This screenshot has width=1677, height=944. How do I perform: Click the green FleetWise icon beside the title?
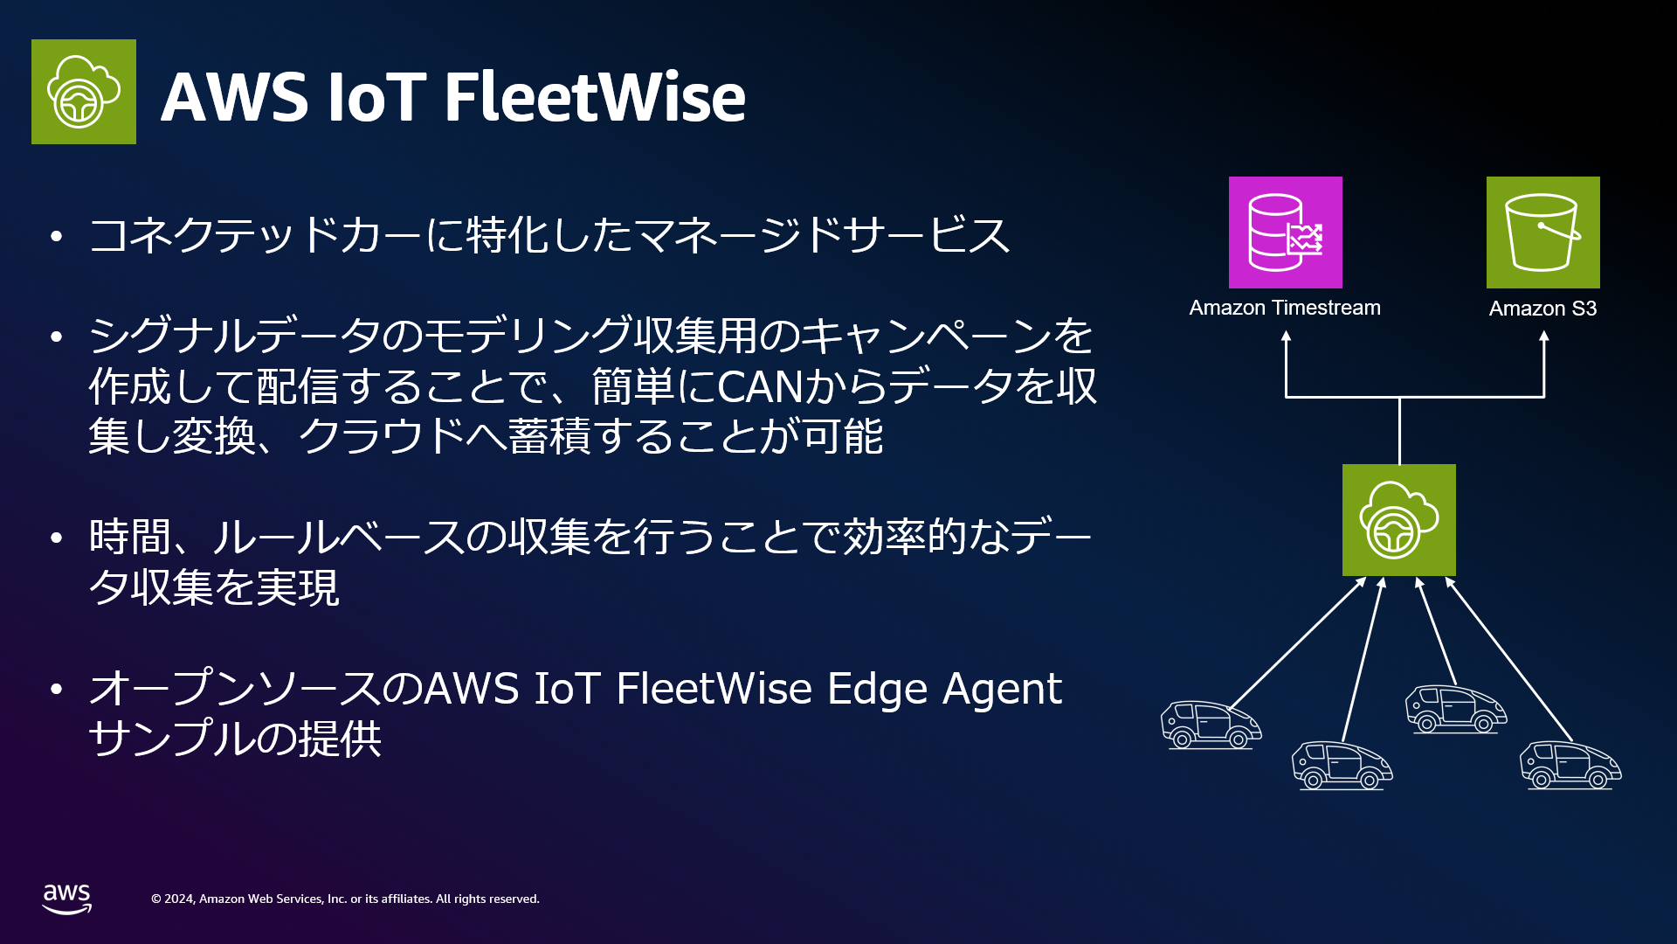[x=84, y=92]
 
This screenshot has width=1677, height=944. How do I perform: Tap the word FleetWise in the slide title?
[x=595, y=96]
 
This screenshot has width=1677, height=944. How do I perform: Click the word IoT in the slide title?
[x=376, y=96]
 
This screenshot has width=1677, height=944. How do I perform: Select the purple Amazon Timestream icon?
[x=1286, y=233]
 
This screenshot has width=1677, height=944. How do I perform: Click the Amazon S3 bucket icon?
[x=1543, y=233]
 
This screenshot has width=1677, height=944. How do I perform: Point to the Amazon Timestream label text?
[x=1285, y=308]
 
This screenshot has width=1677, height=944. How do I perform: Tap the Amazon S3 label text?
[x=1543, y=309]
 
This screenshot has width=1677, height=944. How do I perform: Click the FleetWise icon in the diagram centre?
[x=1399, y=520]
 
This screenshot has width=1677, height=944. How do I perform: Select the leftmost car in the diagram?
[x=1211, y=725]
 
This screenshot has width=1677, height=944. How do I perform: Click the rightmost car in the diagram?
[x=1570, y=765]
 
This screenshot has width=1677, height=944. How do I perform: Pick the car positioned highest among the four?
[x=1456, y=709]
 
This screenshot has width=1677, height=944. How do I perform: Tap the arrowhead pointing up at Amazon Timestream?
[x=1286, y=337]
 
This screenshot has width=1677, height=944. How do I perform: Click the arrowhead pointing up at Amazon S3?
[x=1544, y=337]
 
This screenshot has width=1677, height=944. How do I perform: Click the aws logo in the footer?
[x=67, y=899]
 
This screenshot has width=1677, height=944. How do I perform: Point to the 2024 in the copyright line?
[x=179, y=899]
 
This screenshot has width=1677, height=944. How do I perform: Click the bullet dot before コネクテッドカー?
[x=57, y=235]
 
